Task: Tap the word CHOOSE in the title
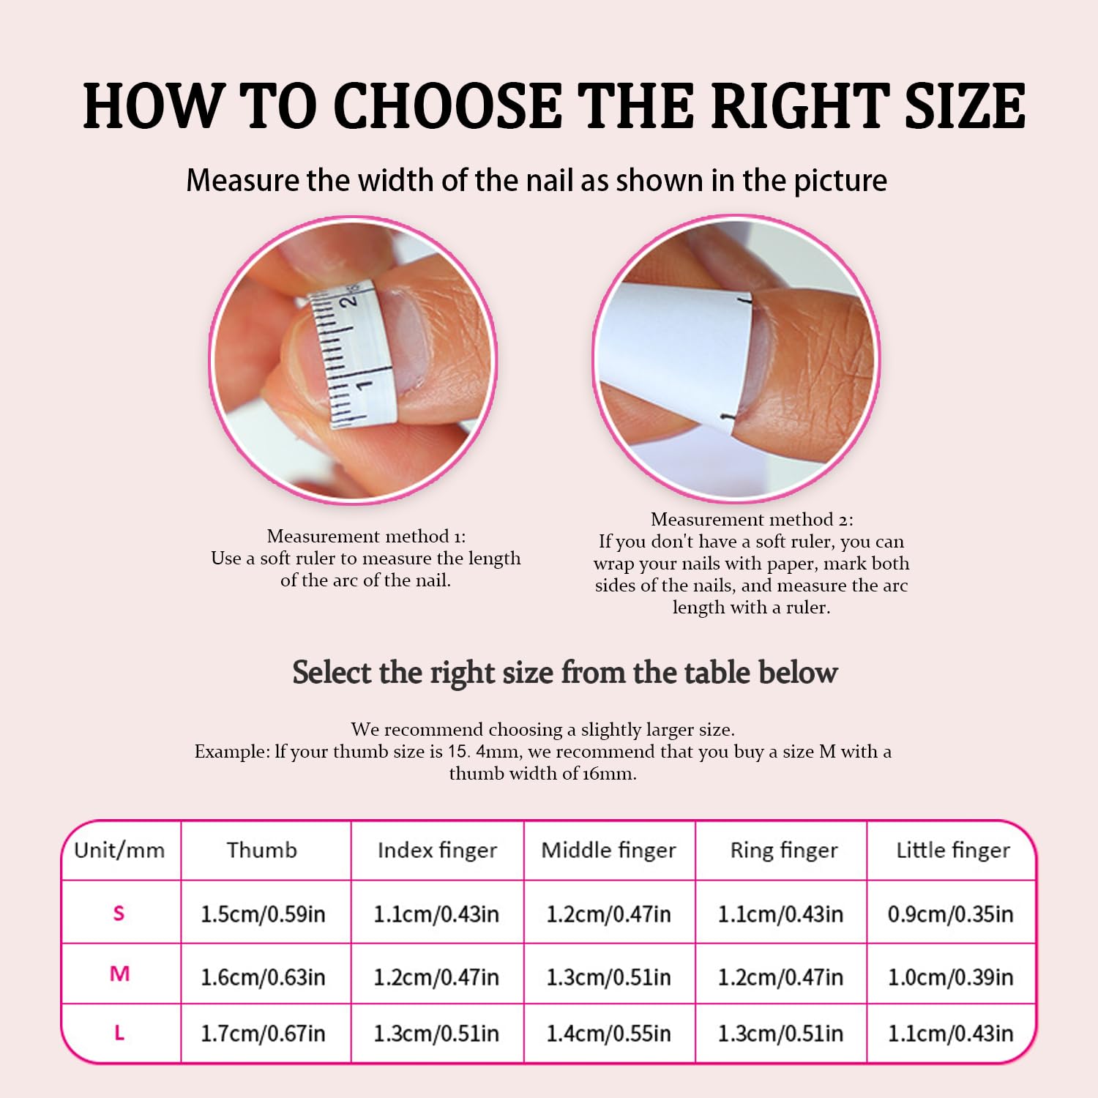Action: [447, 107]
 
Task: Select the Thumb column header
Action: [262, 850]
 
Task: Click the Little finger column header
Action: [952, 850]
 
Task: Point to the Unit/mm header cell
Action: [119, 850]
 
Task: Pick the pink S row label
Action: [119, 913]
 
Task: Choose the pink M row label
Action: [119, 974]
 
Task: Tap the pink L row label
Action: [119, 1033]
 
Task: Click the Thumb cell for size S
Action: [263, 914]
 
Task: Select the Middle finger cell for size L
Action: [608, 1034]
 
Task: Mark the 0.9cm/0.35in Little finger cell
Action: [950, 914]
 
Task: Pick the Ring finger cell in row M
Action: [780, 977]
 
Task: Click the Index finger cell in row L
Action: [436, 1034]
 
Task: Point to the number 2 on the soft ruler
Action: [350, 299]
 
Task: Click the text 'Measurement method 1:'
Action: [366, 537]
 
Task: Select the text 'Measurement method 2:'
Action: [752, 520]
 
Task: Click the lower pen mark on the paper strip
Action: [729, 417]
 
